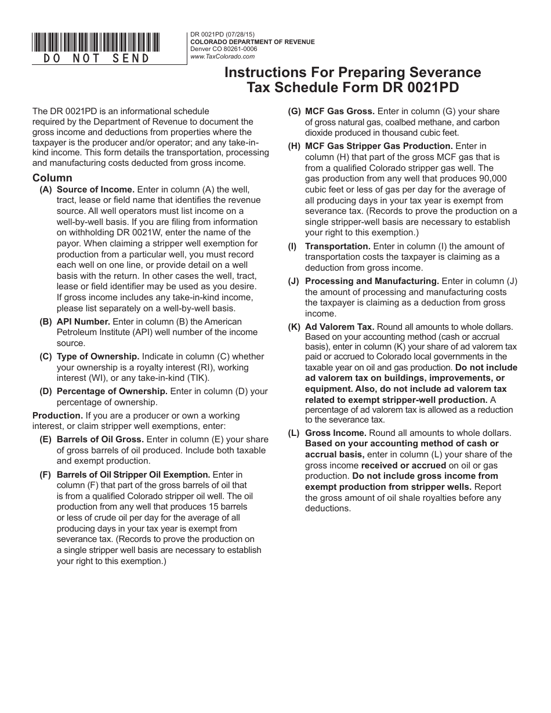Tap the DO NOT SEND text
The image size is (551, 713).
pos(97,58)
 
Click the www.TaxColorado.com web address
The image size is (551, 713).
pos(223,56)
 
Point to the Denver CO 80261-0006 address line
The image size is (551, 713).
pos(224,49)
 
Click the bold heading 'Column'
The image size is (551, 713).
pos(52,178)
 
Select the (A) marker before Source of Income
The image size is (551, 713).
pos(45,190)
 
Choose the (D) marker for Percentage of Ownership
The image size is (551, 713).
pos(45,391)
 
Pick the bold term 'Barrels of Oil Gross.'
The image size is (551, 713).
pos(100,439)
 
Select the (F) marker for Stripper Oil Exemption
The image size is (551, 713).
pos(45,474)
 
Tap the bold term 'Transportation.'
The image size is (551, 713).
pos(338,246)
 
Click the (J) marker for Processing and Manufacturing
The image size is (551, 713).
pos(293,281)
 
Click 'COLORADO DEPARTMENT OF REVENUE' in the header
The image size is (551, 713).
pos(252,42)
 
